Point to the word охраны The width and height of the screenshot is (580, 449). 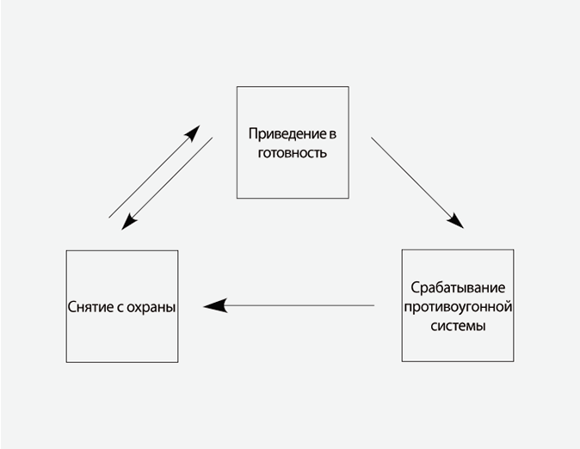tap(151, 306)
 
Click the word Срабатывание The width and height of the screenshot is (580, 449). tap(457, 287)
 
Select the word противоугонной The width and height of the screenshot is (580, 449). tap(457, 306)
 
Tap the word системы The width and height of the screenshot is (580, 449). tap(457, 325)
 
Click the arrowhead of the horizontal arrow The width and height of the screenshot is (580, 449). tap(214, 305)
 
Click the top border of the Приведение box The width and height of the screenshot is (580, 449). tap(293, 86)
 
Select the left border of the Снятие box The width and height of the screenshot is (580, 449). tap(67, 306)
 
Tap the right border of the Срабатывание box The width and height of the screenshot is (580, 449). tap(514, 305)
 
